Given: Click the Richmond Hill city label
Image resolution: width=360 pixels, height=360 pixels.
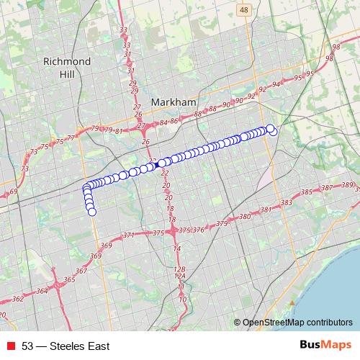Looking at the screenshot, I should (66, 68).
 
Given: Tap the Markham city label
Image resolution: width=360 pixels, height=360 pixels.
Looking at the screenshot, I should (174, 103).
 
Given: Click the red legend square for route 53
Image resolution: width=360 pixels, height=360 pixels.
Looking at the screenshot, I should (10, 346).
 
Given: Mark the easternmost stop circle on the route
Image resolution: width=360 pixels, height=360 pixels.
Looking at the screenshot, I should (274, 131).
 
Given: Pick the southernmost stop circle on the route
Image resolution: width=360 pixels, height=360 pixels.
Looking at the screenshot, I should (92, 212).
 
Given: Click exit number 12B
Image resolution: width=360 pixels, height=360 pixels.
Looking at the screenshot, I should (179, 269).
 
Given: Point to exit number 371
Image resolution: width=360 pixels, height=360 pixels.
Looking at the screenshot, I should (129, 235).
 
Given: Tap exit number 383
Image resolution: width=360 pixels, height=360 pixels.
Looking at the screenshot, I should (287, 203).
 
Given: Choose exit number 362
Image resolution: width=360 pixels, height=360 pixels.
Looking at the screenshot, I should (18, 298).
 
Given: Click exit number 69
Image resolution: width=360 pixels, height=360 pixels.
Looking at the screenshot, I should (13, 192).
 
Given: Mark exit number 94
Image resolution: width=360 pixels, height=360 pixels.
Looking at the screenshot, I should (275, 84).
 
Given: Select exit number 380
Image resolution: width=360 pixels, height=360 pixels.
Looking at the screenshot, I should (244, 217).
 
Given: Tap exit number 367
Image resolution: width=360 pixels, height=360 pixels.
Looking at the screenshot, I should (81, 271).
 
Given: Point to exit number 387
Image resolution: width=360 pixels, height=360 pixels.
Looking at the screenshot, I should (327, 188).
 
